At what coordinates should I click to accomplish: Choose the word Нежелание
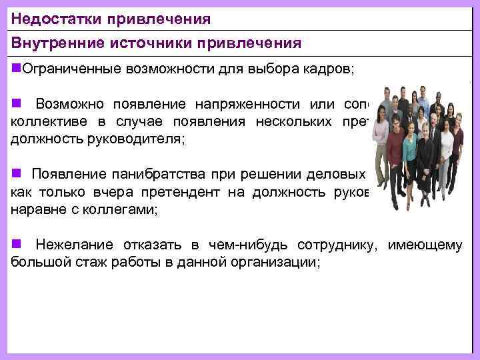pos(74,245)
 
